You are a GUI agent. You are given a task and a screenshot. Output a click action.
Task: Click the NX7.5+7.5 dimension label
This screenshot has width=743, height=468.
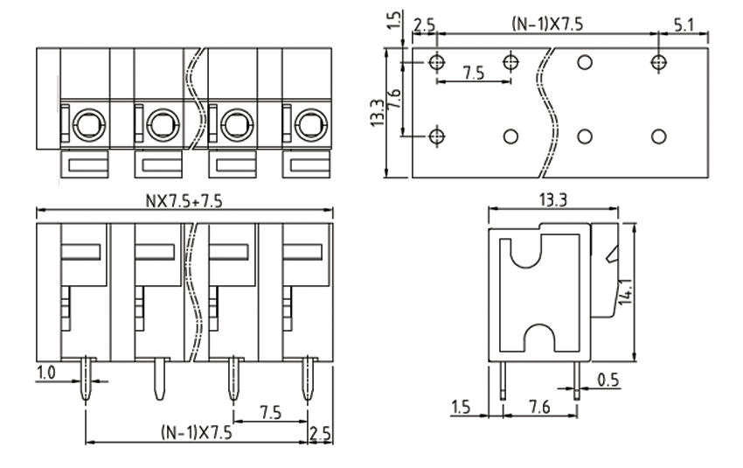184,200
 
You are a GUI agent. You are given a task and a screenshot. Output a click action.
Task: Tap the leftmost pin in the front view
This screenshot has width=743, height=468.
86,378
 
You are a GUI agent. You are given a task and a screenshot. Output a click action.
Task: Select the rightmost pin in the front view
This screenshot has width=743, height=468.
309,378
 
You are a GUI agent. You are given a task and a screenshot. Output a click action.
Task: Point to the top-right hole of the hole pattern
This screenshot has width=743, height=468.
660,62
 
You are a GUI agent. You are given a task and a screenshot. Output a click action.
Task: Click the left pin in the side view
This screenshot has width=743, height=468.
504,380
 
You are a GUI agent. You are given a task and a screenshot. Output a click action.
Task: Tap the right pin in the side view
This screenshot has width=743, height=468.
577,380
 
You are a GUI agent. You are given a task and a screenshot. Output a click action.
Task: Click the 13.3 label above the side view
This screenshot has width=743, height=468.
552,200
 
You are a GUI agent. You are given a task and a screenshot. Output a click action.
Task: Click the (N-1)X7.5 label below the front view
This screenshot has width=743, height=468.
197,431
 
